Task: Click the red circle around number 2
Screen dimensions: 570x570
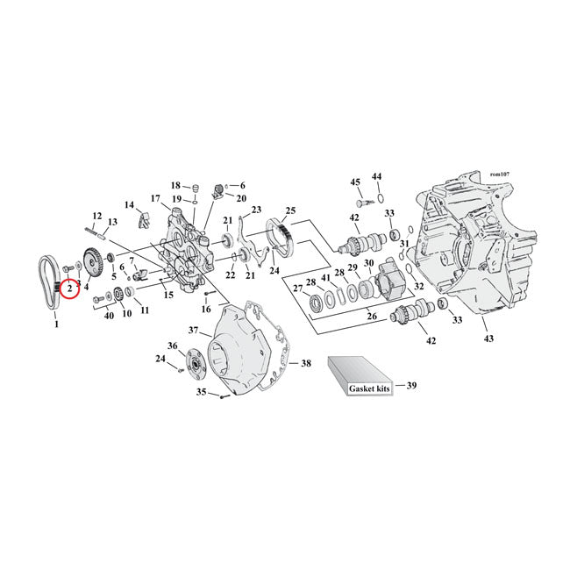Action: (x=70, y=287)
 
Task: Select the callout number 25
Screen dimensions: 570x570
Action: (x=290, y=210)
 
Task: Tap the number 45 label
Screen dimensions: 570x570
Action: (x=355, y=182)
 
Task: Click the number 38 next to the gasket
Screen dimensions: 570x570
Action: (x=306, y=362)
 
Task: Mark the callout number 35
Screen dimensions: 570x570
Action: (x=201, y=392)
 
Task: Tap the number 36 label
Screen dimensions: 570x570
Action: (x=173, y=346)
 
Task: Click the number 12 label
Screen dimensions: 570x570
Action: (x=97, y=216)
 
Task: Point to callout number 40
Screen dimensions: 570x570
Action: (x=109, y=315)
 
